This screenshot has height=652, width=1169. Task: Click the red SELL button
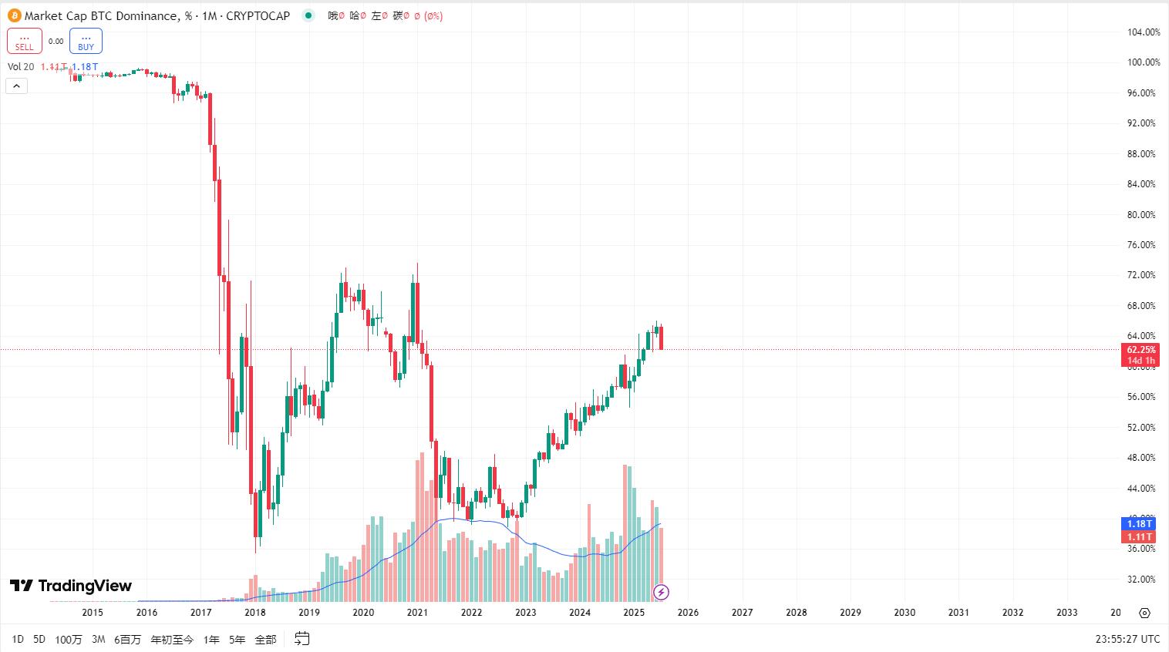pos(25,41)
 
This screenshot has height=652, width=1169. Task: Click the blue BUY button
pos(86,41)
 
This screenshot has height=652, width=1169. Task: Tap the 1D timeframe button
pos(18,639)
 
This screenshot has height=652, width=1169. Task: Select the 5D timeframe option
pos(39,639)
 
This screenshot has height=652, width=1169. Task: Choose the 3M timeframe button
pos(98,639)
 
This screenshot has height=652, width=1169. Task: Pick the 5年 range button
pos(238,639)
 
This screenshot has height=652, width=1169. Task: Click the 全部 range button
pos(265,639)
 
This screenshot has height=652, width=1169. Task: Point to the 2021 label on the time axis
pos(417,613)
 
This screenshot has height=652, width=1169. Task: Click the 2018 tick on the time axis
pos(254,613)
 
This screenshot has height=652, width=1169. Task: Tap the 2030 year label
pos(905,613)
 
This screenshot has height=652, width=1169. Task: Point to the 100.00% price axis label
pos(1144,62)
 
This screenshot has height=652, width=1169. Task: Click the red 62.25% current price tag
pos(1141,350)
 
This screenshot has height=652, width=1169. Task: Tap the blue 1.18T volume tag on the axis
pos(1140,524)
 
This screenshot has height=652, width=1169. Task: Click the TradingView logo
pos(71,586)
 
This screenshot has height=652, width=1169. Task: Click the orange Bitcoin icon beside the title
pos(14,15)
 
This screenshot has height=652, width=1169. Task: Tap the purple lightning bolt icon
pos(661,592)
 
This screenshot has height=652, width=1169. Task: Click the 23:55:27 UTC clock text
pos(1127,639)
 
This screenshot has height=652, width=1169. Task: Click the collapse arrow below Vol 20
pos(16,86)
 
